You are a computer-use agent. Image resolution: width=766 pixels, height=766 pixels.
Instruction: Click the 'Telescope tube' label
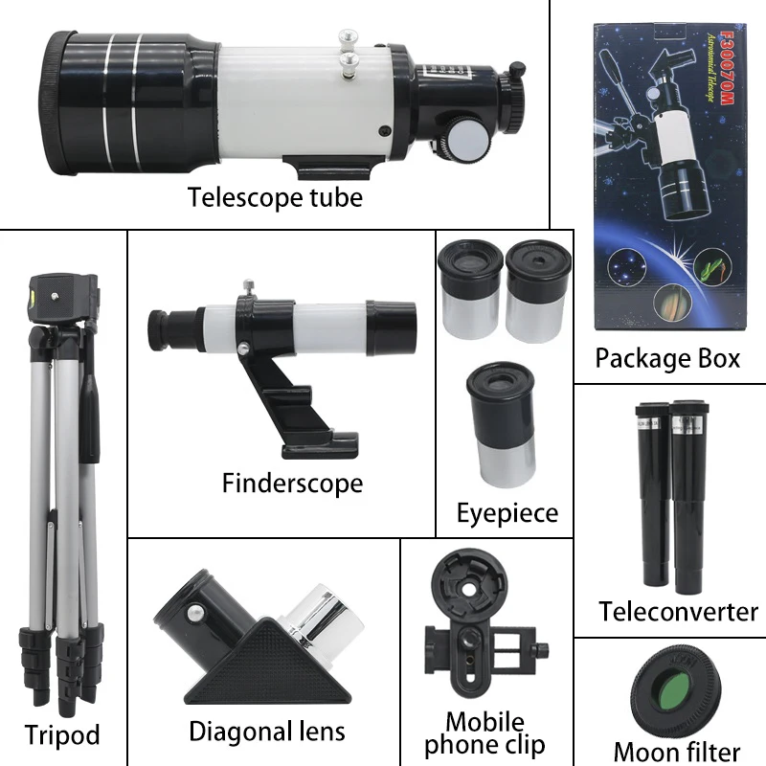click(275, 197)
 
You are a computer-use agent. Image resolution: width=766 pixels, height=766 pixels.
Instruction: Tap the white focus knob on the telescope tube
click(468, 139)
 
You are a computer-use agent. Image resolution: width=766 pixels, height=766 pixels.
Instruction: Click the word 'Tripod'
click(62, 734)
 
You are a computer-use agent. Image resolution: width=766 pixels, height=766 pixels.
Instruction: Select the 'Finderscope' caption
click(293, 484)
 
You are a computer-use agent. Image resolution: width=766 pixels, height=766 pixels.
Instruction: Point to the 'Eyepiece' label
click(507, 513)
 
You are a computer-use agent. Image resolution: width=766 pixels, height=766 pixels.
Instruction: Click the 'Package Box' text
click(667, 358)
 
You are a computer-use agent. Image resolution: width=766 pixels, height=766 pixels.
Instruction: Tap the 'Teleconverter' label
click(679, 612)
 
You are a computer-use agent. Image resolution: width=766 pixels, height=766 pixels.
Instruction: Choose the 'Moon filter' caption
click(677, 753)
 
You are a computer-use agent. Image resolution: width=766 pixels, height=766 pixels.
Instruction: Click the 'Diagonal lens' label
click(267, 732)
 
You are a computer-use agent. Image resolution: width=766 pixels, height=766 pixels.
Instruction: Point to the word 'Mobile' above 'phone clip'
click(485, 722)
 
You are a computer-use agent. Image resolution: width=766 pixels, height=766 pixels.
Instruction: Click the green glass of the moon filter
click(674, 689)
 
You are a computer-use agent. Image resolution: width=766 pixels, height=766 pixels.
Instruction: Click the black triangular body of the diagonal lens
click(268, 664)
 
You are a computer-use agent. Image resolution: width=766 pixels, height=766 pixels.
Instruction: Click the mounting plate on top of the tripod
click(62, 297)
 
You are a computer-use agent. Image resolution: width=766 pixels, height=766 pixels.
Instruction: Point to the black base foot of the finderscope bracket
click(320, 443)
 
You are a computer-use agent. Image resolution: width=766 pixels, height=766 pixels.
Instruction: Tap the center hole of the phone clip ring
click(468, 590)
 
